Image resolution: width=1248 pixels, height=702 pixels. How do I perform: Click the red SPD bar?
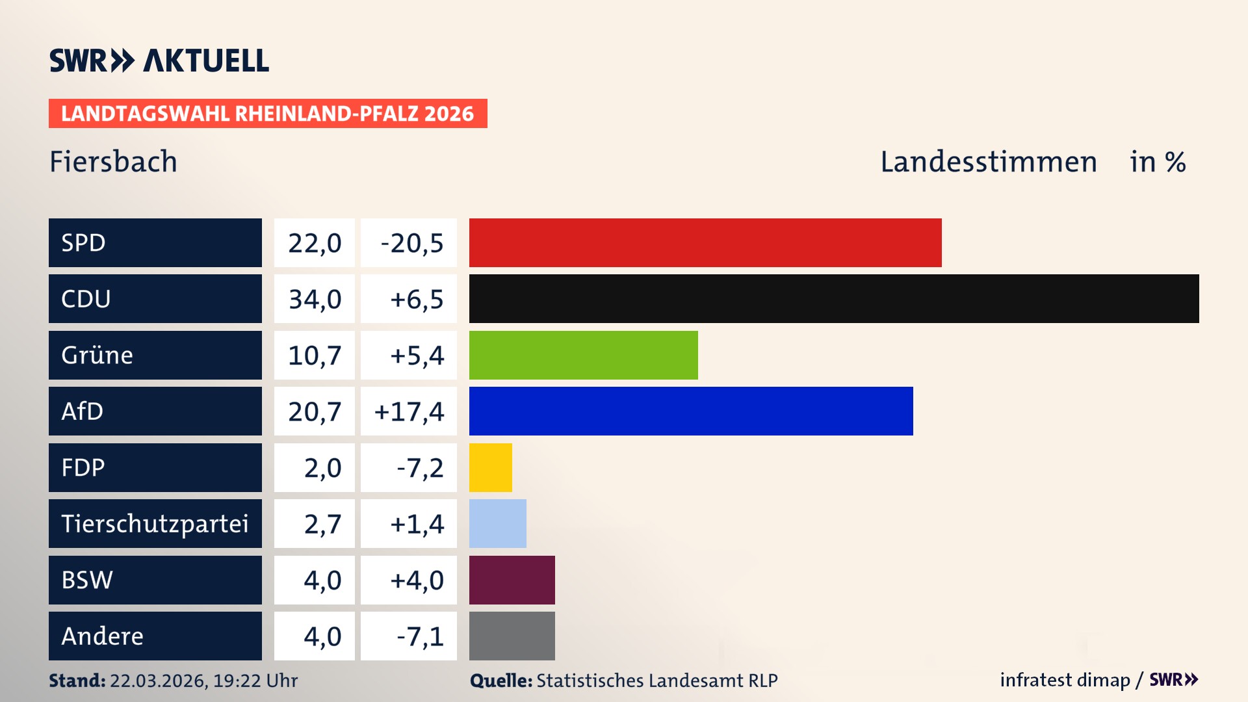[705, 242]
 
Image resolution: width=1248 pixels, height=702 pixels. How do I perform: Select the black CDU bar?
[834, 298]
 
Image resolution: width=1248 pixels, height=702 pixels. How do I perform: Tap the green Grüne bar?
[583, 355]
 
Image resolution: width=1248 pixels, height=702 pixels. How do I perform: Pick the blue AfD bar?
[691, 411]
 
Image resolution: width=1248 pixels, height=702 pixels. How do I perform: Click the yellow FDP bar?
[490, 467]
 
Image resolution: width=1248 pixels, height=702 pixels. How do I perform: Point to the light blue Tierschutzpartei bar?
[497, 523]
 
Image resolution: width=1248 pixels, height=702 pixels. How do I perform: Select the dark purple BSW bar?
[512, 580]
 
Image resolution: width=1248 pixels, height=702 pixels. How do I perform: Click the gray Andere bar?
[512, 636]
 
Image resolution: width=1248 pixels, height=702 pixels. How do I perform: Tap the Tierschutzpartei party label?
[155, 523]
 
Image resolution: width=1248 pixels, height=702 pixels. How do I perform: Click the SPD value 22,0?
[315, 243]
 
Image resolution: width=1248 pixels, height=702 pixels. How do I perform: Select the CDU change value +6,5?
[416, 299]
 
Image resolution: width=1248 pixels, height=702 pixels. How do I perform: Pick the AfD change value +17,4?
[409, 411]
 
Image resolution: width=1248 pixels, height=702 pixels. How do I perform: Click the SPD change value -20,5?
[411, 243]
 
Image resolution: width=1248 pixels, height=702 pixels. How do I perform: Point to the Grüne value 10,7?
[315, 356]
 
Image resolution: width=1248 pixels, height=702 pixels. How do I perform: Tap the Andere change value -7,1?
[420, 636]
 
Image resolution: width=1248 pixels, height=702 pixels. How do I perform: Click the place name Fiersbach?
[113, 161]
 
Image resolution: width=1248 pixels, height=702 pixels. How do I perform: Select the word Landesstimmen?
[988, 162]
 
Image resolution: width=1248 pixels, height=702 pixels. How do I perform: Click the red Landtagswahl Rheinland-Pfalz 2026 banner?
[268, 113]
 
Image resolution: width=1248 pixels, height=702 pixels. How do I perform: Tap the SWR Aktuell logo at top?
[159, 60]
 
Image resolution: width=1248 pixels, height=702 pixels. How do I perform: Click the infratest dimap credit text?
[1065, 680]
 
